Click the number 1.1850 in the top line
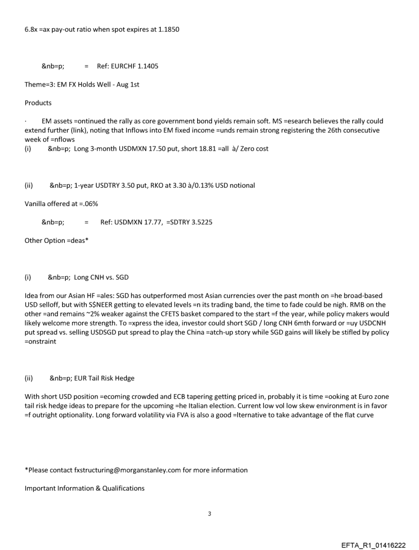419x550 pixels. coord(168,29)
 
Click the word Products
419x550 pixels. coord(38,103)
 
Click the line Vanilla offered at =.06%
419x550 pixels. coord(61,203)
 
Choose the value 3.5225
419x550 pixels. coord(201,222)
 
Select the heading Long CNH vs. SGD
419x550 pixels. coord(101,277)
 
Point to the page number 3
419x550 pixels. coord(209,514)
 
